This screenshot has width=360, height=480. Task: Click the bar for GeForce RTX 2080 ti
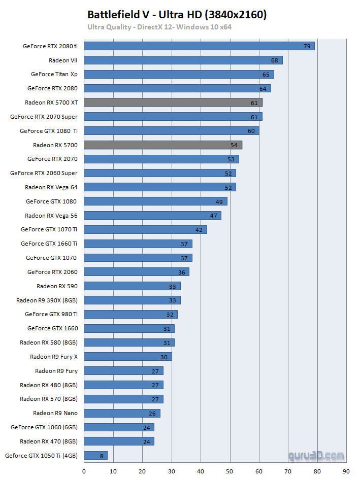[x=199, y=46]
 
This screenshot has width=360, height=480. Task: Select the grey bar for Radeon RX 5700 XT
[x=173, y=102]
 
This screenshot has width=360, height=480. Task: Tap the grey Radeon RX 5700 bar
[x=162, y=145]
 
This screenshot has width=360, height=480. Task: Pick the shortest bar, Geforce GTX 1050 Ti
[x=95, y=456]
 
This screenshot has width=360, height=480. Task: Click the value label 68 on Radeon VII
[x=274, y=60]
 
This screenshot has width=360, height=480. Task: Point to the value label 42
[x=199, y=230]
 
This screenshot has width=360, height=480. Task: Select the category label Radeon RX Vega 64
[x=51, y=187]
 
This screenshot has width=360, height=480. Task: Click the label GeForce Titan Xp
[x=54, y=74]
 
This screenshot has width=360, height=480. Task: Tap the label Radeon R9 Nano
[x=55, y=413]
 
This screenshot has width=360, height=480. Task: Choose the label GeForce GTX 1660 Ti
[x=49, y=244]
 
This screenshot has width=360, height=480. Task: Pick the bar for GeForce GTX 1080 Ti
[x=171, y=131]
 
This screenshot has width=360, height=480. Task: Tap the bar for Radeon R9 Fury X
[x=127, y=357]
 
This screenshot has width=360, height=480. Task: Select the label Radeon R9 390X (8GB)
[x=47, y=300]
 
